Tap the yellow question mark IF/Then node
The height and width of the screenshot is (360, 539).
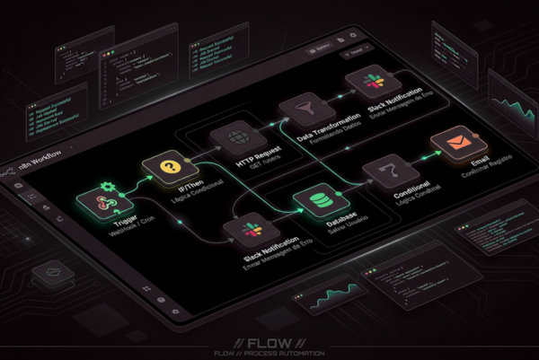(165, 167)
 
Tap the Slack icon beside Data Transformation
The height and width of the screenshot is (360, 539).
(367, 85)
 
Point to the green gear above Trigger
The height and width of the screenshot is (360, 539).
(109, 186)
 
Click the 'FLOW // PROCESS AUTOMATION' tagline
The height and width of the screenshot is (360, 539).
(269, 354)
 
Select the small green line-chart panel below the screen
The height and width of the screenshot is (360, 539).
(332, 297)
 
